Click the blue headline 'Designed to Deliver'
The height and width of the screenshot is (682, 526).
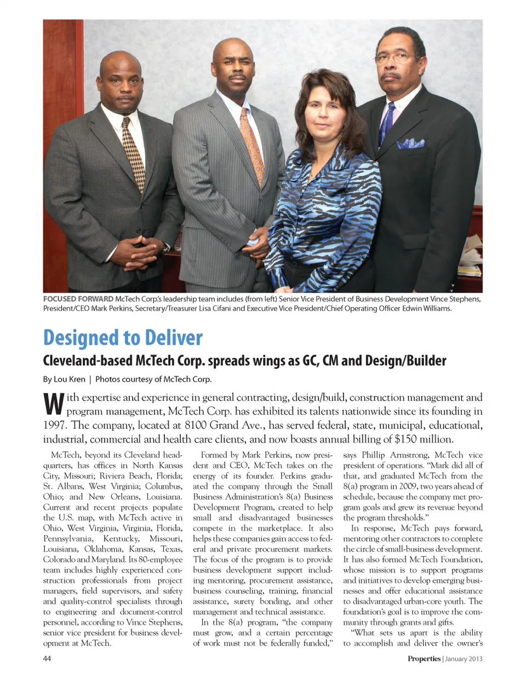[x=123, y=337]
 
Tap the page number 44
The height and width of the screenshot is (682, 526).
[x=47, y=658]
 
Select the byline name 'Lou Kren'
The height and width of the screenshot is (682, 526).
[x=70, y=379]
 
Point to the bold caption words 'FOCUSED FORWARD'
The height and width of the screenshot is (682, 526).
[x=78, y=299]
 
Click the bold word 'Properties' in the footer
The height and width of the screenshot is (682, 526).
[x=424, y=658]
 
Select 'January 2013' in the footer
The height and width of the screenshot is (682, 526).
[x=464, y=658]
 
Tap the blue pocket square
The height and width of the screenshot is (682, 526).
[x=410, y=144]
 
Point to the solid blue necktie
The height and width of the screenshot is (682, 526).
[x=387, y=123]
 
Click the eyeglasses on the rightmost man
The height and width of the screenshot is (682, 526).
[x=395, y=56]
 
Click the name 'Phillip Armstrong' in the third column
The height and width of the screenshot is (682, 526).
[x=395, y=455]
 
